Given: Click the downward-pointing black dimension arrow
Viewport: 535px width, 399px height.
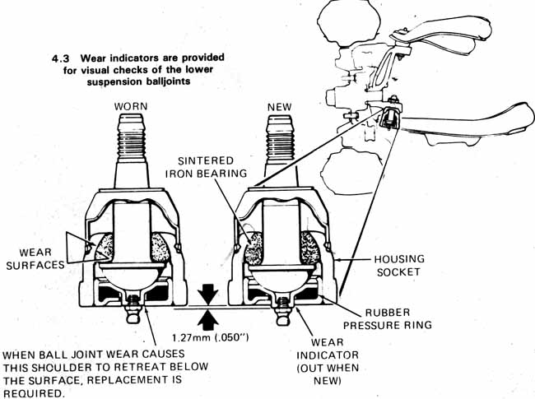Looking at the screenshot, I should [207, 294].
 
